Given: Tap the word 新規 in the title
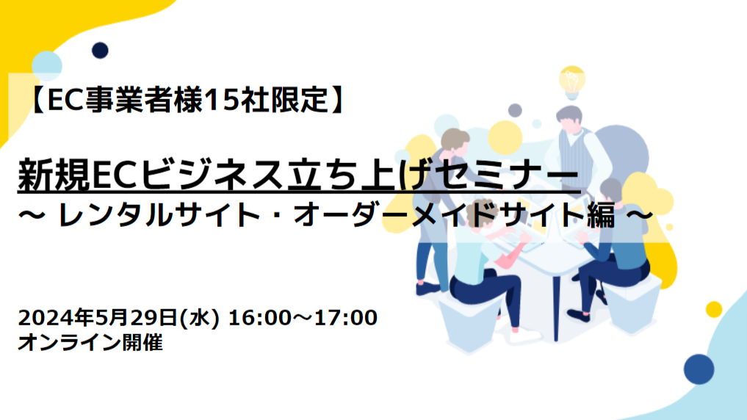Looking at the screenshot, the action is (x=54, y=174).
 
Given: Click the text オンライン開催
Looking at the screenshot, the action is (x=90, y=342).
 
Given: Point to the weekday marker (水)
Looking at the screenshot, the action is (x=199, y=318).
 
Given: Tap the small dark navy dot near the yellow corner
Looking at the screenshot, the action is (x=100, y=50).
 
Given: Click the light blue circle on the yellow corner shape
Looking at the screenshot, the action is (x=47, y=65).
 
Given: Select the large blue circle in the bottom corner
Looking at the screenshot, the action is (x=699, y=369).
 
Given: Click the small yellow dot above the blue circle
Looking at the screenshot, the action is (x=714, y=310).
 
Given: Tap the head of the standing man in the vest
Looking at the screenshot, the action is (x=569, y=119).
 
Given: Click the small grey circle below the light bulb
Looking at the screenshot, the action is (x=515, y=110).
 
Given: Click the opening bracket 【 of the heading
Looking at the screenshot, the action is (x=37, y=100).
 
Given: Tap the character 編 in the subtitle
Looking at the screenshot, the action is (x=602, y=215).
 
